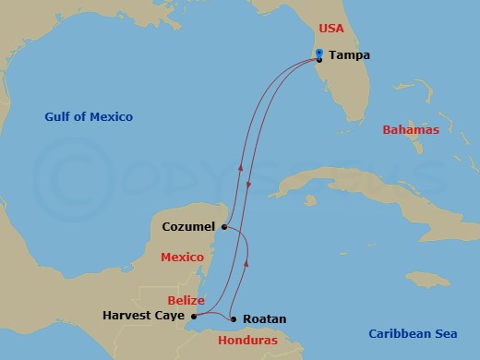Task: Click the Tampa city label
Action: click(x=348, y=55)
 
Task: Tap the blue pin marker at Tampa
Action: click(x=318, y=52)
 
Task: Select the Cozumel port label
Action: click(x=188, y=226)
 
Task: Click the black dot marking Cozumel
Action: click(x=224, y=226)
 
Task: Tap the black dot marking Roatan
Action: click(x=234, y=319)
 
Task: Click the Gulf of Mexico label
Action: click(x=89, y=117)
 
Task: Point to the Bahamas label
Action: click(x=411, y=130)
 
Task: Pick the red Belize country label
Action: click(x=186, y=300)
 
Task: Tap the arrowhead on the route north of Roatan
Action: click(x=245, y=264)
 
